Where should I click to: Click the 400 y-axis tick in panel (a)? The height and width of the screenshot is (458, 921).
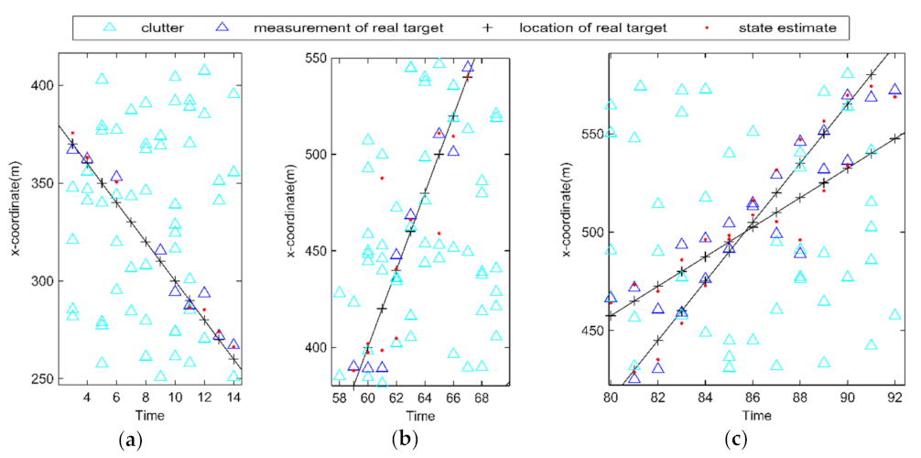(x=42, y=85)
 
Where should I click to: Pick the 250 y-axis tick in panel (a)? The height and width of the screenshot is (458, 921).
(x=42, y=378)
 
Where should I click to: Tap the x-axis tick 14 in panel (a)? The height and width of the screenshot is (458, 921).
(x=233, y=397)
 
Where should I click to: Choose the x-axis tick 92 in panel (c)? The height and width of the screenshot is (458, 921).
(x=895, y=398)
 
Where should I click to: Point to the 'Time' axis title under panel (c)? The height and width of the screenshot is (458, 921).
(x=753, y=416)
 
